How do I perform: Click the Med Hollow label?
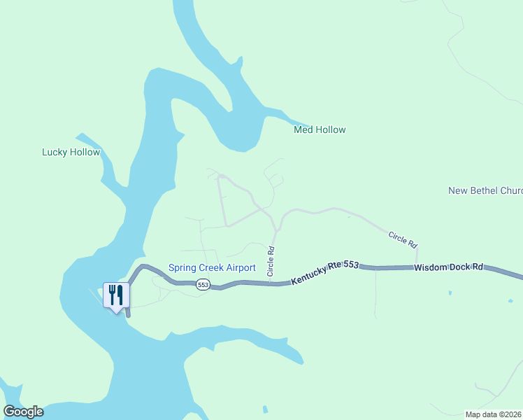point(320,129)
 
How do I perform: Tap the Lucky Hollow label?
point(71,152)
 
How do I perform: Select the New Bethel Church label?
point(485,190)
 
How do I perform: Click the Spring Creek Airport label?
point(212,267)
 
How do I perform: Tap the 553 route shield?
point(203,284)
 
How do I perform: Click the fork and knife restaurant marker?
point(116,295)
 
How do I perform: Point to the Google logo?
point(23,412)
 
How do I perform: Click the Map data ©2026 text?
point(494,414)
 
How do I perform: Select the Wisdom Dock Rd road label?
point(448,267)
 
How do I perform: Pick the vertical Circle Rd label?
point(271,259)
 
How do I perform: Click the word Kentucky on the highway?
point(309,275)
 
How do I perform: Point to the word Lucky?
point(55,152)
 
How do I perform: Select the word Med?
point(302,129)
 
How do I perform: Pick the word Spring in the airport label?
point(182,267)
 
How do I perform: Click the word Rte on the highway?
point(335,269)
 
